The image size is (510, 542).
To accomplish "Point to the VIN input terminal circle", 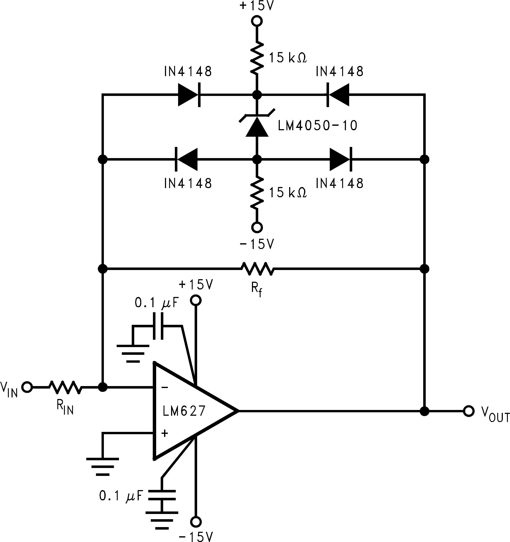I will click(27, 387).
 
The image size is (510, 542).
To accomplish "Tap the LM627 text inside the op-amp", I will click(184, 411).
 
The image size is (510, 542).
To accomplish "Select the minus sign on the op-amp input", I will click(165, 388).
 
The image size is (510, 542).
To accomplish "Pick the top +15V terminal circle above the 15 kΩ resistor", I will click(257, 21).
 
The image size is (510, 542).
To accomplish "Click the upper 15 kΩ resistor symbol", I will click(257, 57).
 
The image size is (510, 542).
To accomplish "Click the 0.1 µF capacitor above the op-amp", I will click(158, 326).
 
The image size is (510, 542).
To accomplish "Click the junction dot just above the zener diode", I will click(257, 95).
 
